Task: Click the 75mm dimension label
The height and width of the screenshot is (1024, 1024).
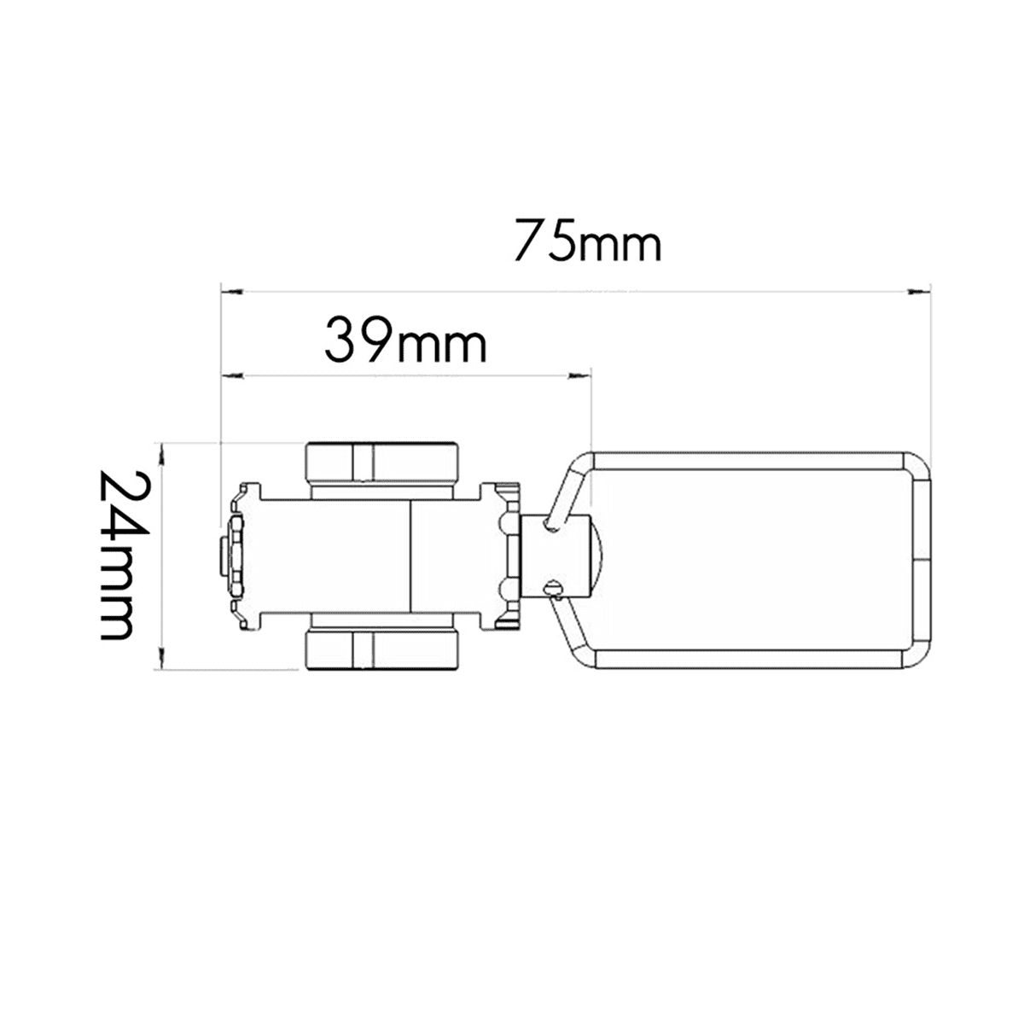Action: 587,241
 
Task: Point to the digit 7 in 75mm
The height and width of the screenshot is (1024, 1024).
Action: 529,241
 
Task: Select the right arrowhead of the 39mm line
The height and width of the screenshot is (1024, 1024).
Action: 581,374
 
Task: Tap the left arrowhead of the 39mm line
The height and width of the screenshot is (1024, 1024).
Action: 231,374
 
